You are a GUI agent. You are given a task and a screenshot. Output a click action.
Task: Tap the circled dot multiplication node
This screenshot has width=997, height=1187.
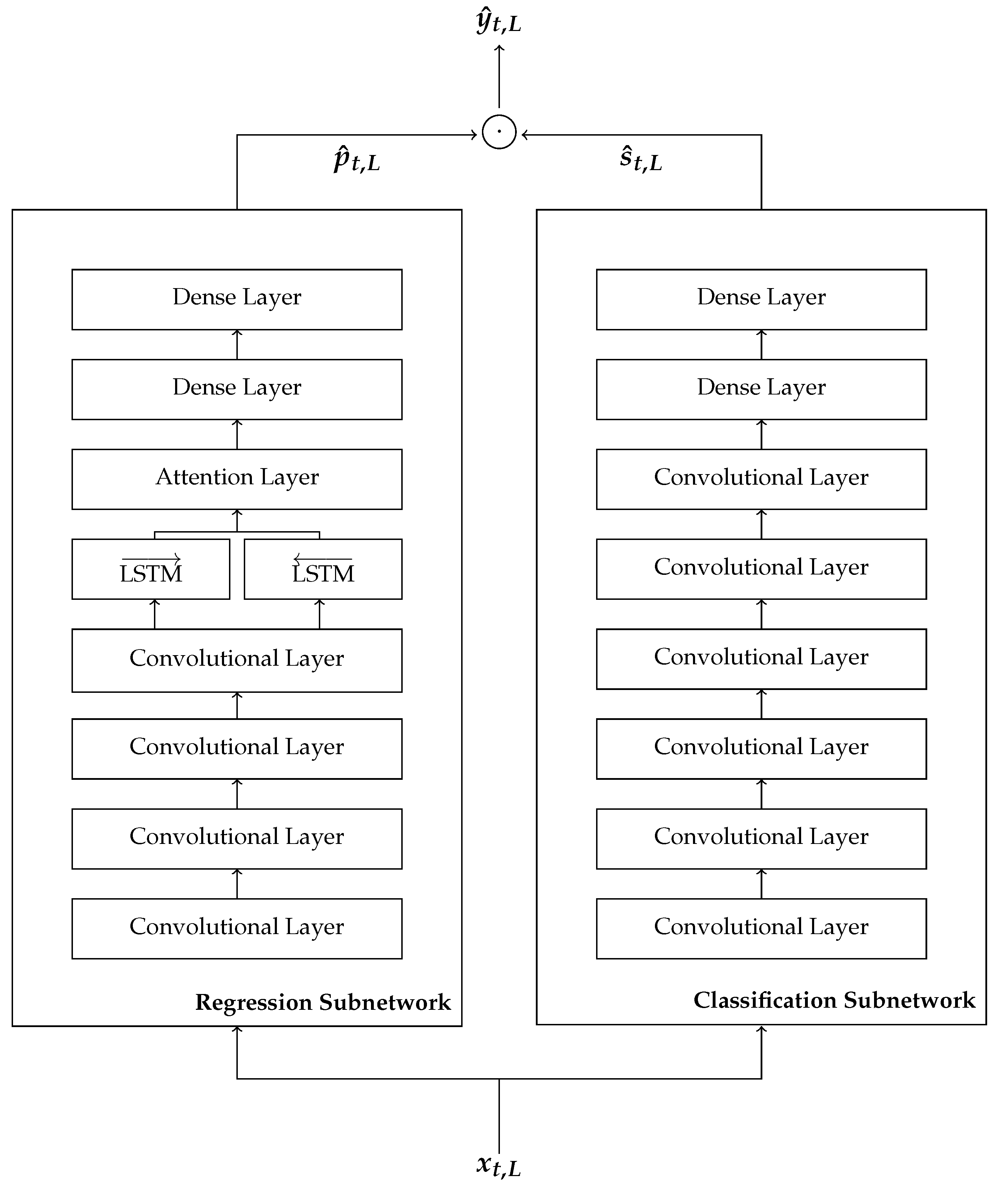click(499, 132)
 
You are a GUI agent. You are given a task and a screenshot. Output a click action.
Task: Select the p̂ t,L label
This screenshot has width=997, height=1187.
click(356, 161)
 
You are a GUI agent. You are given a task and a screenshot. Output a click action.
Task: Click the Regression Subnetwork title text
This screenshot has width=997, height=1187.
click(323, 1002)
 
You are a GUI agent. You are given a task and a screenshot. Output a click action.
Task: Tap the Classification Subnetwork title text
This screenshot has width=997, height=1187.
click(834, 1000)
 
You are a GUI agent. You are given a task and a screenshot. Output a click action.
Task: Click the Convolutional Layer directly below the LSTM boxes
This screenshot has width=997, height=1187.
click(237, 660)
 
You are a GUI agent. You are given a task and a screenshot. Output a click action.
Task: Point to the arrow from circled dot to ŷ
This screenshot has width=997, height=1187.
click(499, 76)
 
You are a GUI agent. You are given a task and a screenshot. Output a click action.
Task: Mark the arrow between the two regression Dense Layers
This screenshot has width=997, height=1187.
click(237, 344)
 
